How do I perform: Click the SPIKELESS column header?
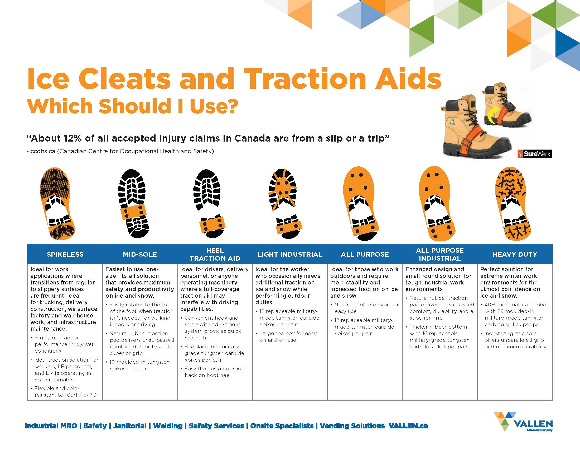pyautogui.click(x=65, y=254)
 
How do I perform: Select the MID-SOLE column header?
pyautogui.click(x=140, y=254)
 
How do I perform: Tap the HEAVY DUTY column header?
pyautogui.click(x=515, y=254)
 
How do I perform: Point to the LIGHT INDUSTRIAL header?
pyautogui.click(x=290, y=254)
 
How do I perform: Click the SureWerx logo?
pyautogui.click(x=535, y=154)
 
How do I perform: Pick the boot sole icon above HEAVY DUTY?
pyautogui.click(x=512, y=203)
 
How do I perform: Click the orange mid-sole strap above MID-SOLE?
pyautogui.click(x=133, y=212)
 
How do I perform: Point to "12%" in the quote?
pyautogui.click(x=73, y=138)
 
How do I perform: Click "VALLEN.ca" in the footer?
pyautogui.click(x=408, y=426)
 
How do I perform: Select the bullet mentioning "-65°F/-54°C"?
pyautogui.click(x=64, y=391)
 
